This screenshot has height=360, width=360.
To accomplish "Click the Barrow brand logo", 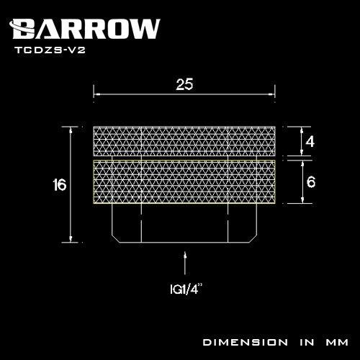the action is point(84,29).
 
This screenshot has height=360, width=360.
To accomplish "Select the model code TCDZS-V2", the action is point(50,50).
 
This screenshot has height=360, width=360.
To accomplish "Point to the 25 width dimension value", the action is point(184,84).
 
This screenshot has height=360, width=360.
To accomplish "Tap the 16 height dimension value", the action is point(59,185).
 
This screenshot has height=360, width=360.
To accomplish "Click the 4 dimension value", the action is point(310,141).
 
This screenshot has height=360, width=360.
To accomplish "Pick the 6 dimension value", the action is point(311,181).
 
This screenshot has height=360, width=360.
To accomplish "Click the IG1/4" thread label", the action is point(186,289).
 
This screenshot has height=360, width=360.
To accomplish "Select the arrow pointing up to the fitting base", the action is point(184,263).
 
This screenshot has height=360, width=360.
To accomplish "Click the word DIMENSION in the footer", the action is point(246,342).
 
